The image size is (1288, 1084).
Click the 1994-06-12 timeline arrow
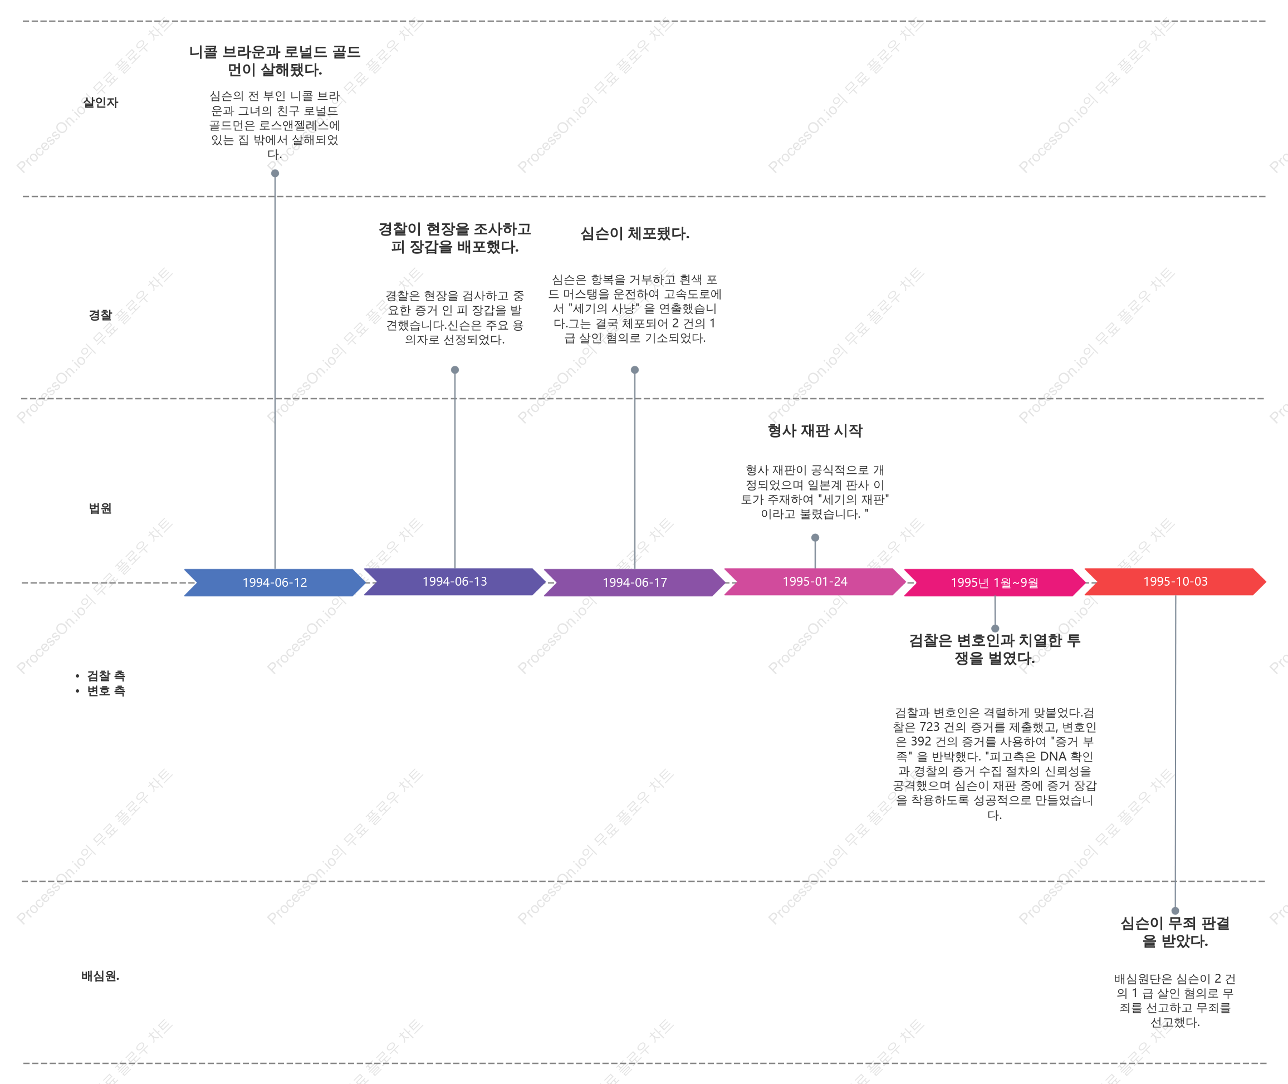[x=275, y=582]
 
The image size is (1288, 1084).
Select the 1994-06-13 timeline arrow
[x=455, y=581]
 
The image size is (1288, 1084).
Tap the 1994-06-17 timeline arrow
[x=635, y=582]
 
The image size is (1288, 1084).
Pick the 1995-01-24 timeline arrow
[x=815, y=581]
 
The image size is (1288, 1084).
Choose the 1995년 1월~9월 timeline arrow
[x=995, y=582]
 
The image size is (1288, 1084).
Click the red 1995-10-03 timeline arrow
[x=1175, y=581]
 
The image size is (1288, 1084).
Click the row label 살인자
[x=101, y=102]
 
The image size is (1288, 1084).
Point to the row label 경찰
[x=101, y=315]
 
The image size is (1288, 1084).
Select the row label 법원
[x=101, y=508]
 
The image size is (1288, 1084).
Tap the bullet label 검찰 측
[x=106, y=676]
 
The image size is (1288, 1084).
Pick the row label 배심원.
[x=101, y=976]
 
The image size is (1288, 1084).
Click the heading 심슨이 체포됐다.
[x=635, y=233]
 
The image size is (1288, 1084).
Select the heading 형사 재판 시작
[x=815, y=430]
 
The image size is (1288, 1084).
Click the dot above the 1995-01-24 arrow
[x=815, y=538]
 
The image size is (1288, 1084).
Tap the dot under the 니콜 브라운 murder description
[x=275, y=173]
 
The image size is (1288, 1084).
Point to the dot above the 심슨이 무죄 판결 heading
[x=1175, y=911]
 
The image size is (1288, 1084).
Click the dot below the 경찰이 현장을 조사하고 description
[x=455, y=370]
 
